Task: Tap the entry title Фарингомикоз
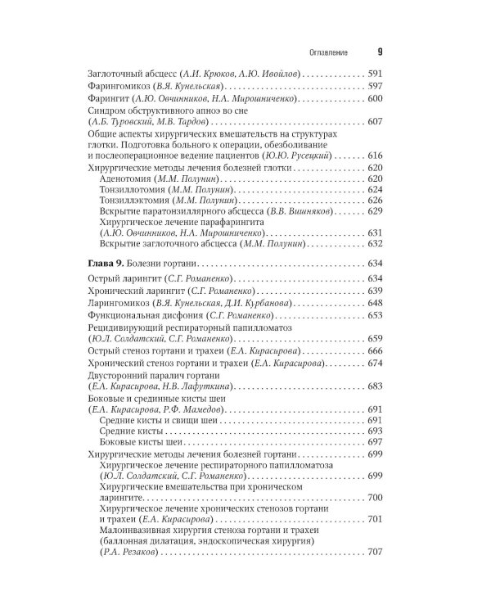pyautogui.click(x=115, y=87)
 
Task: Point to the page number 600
pyautogui.click(x=376, y=98)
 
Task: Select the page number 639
pyautogui.click(x=376, y=291)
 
